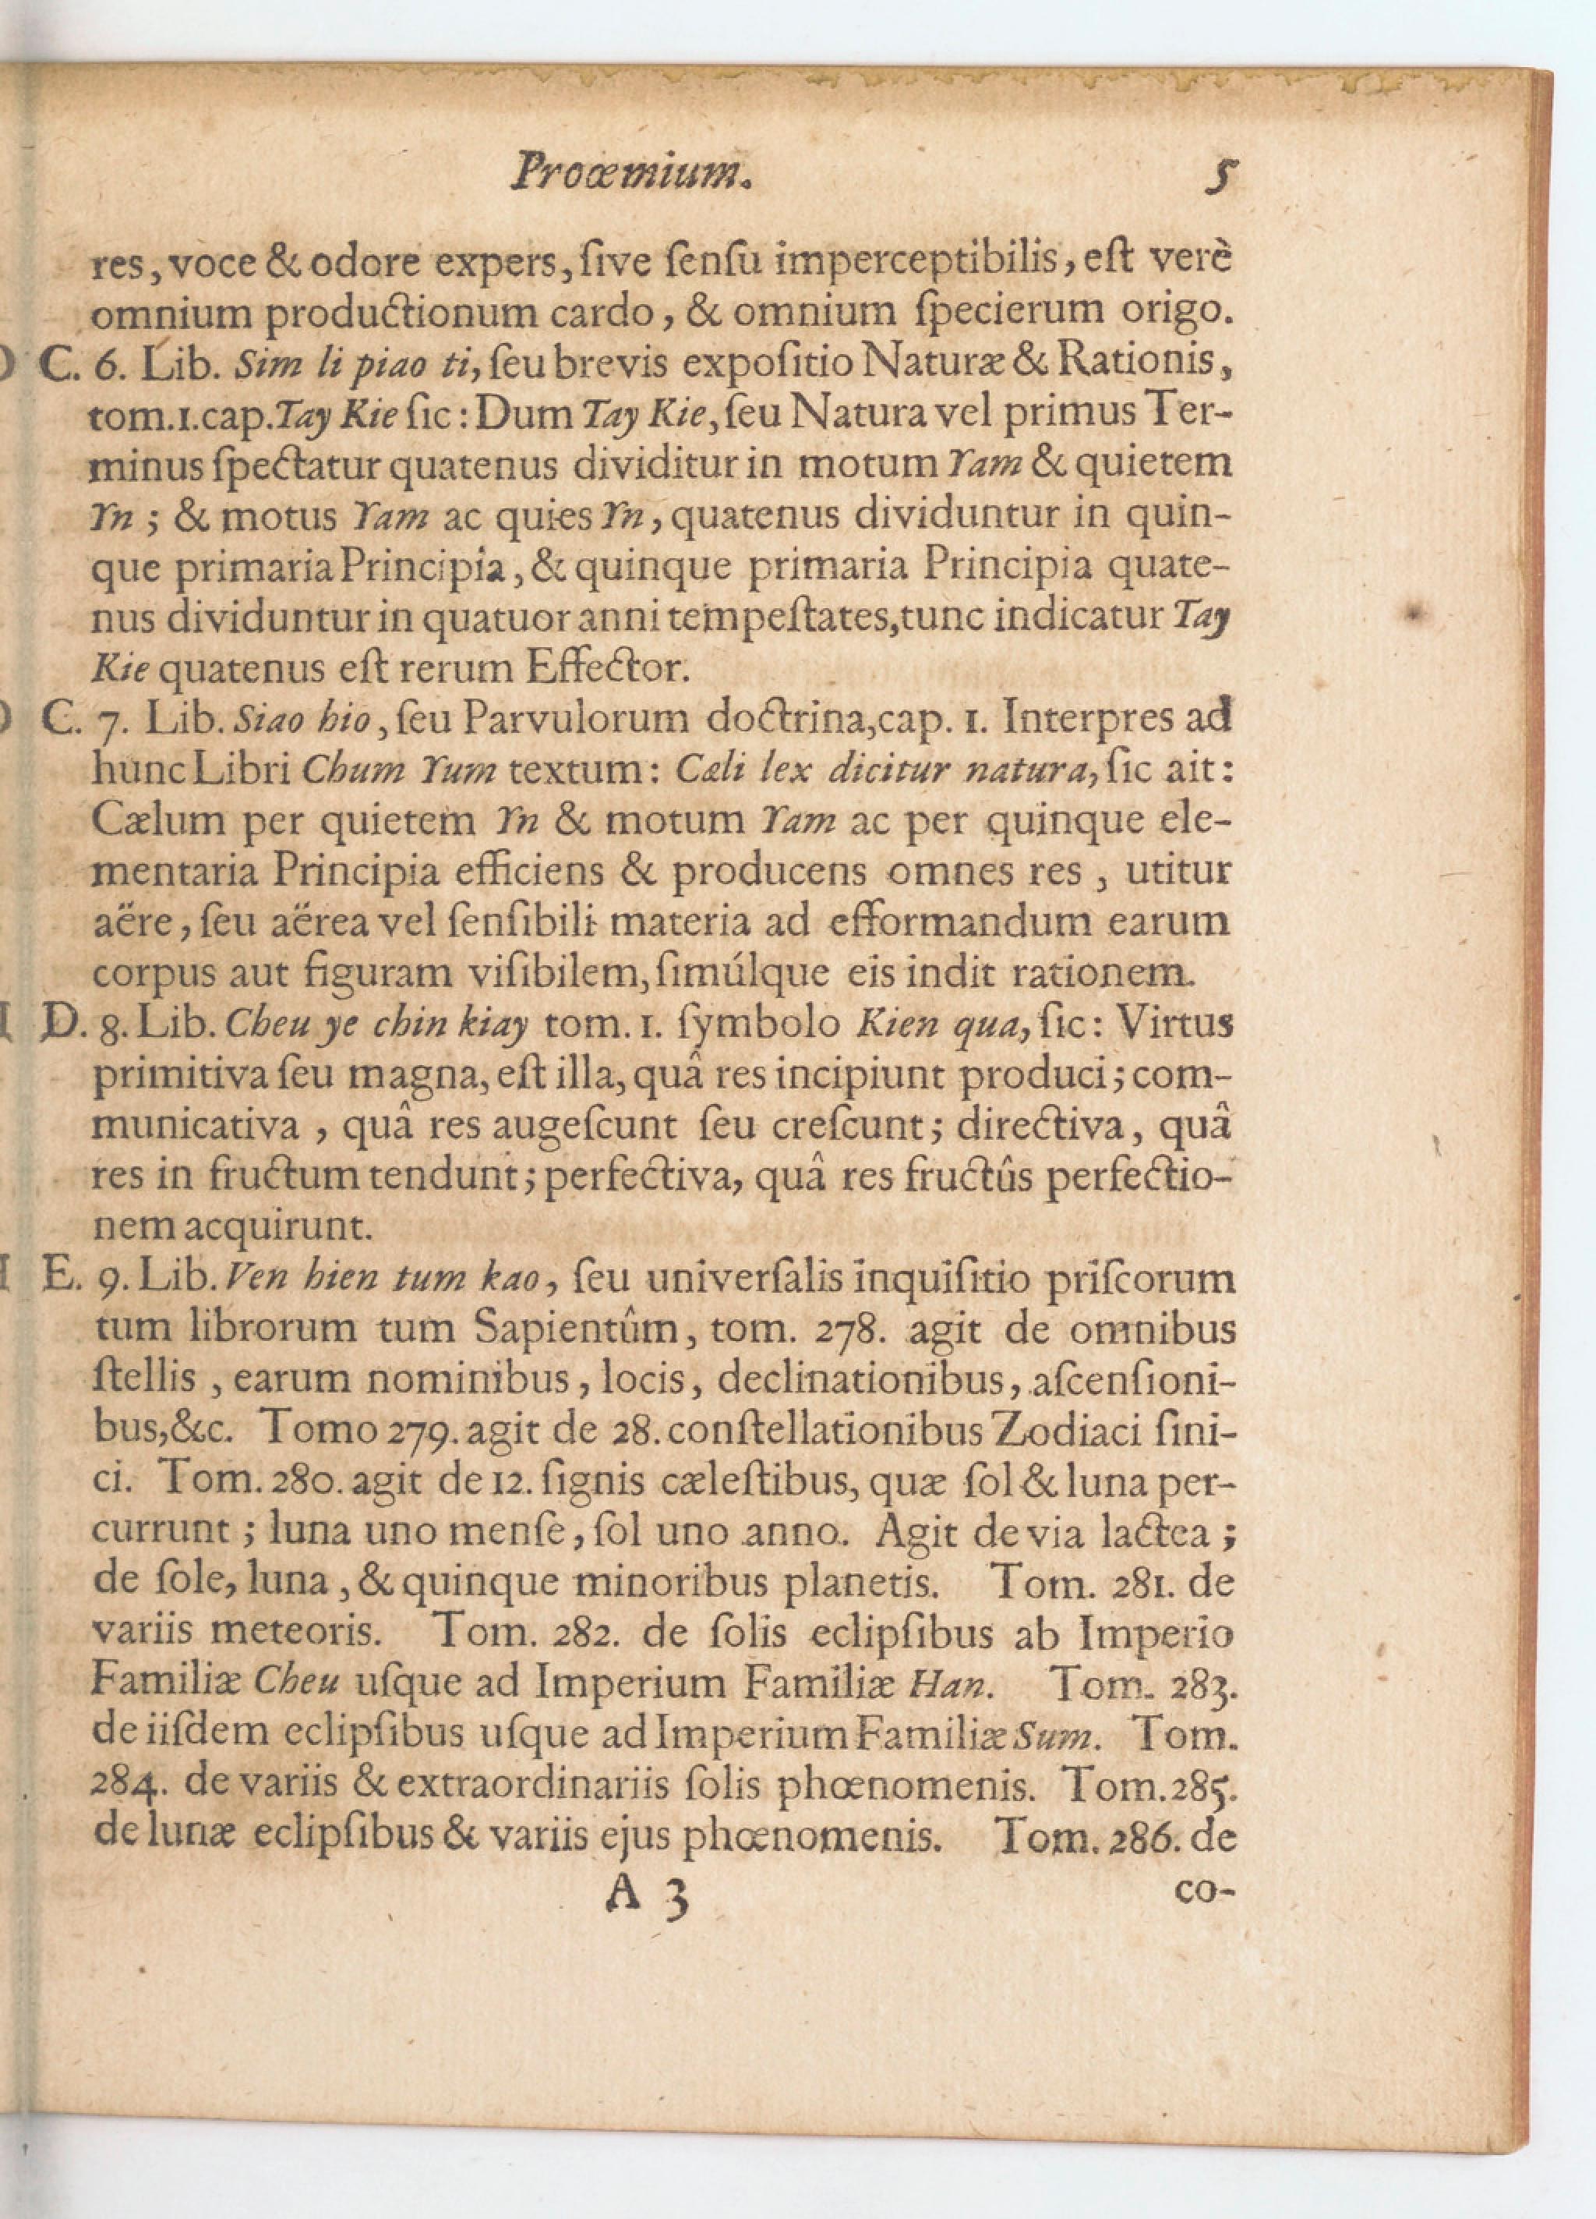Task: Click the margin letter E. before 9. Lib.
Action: (x=62, y=1279)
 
